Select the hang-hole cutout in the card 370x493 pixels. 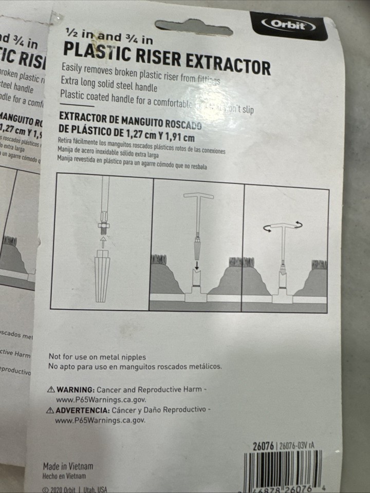[x=194, y=27]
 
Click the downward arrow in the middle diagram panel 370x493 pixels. [x=198, y=264]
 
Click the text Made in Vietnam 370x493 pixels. [x=68, y=467]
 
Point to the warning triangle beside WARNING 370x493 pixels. [x=50, y=389]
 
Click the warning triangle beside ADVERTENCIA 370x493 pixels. [x=50, y=410]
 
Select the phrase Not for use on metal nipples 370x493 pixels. [x=97, y=357]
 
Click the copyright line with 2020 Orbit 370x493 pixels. [x=75, y=489]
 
